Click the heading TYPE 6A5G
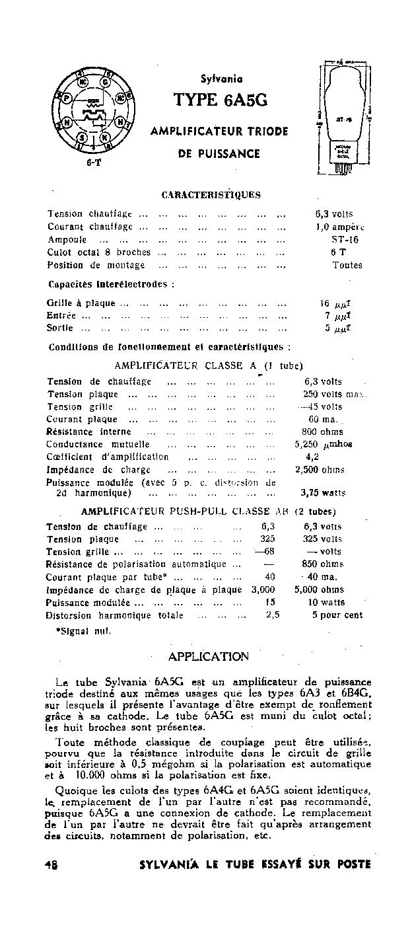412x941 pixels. click(220, 100)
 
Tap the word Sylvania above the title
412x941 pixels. click(221, 77)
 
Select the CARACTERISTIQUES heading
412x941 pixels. click(211, 195)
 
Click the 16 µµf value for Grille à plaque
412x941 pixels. click(335, 303)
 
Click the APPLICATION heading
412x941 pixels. click(209, 656)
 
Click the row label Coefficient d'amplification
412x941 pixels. click(108, 457)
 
